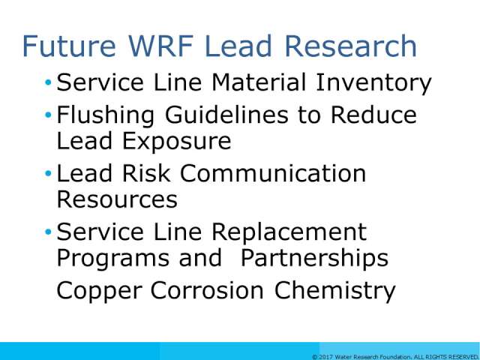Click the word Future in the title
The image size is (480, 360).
click(69, 46)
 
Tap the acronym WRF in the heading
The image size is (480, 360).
click(160, 46)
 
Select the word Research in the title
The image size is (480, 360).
click(351, 46)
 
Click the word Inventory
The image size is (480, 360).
click(373, 83)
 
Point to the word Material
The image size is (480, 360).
click(259, 82)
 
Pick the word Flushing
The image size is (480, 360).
click(105, 116)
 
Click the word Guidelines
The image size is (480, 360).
click(226, 115)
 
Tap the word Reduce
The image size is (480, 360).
click(373, 115)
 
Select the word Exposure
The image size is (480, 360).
click(177, 142)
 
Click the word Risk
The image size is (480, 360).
click(145, 173)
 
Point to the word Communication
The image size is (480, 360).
click(273, 173)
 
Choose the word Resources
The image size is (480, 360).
click(117, 199)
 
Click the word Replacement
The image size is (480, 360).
click(289, 232)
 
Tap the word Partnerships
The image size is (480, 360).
click(315, 259)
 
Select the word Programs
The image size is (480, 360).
click(113, 259)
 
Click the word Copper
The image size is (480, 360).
click(99, 292)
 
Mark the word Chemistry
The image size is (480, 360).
click(335, 291)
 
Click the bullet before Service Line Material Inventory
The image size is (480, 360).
click(48, 82)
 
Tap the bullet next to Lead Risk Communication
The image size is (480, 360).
click(48, 173)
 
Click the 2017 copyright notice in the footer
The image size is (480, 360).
click(396, 357)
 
